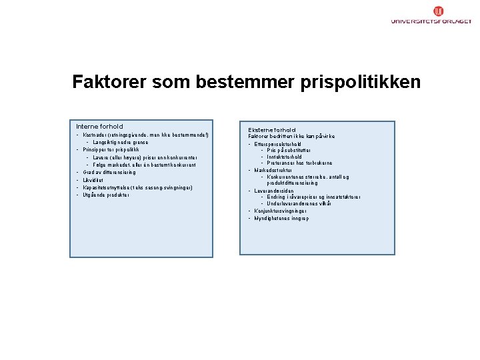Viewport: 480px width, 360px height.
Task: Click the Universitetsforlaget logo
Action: coord(431,15)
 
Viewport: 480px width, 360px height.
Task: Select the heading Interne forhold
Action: coord(99,127)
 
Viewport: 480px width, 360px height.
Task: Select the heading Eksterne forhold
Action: coord(271,130)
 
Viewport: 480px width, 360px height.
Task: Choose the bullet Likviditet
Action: coord(94,180)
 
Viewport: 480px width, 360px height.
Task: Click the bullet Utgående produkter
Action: coord(106,195)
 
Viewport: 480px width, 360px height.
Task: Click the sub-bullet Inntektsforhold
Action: coord(284,157)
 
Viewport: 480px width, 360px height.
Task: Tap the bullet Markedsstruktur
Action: coord(273,170)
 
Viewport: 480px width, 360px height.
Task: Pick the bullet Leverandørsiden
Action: coord(275,191)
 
